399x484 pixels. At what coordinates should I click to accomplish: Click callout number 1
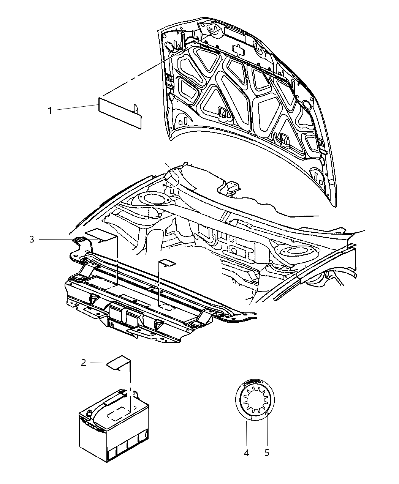tap(49, 111)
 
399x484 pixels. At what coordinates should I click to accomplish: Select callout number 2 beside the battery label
tap(84, 363)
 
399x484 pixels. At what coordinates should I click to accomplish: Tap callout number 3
tap(32, 240)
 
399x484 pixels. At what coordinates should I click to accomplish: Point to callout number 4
tap(247, 453)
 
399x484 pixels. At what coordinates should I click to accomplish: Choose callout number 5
tap(267, 453)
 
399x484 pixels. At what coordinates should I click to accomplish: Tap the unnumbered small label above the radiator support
tap(167, 263)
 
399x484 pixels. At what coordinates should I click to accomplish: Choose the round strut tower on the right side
tap(285, 251)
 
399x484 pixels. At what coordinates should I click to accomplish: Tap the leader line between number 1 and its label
tap(76, 109)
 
